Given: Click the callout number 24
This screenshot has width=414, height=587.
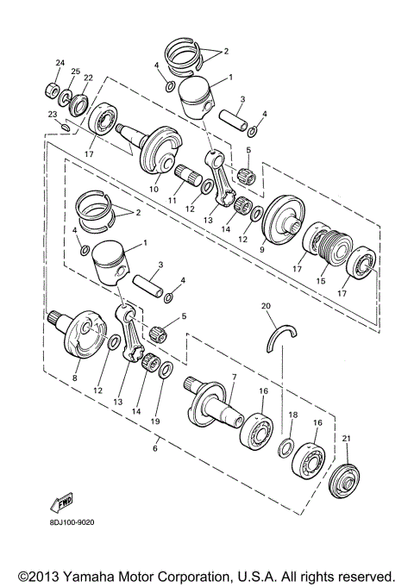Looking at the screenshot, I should pyautogui.click(x=60, y=63).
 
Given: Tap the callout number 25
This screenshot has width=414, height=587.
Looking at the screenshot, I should pyautogui.click(x=76, y=71).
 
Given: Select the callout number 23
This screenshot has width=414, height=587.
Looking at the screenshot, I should pyautogui.click(x=53, y=114).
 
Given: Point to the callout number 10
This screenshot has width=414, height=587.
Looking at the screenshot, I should pyautogui.click(x=156, y=189).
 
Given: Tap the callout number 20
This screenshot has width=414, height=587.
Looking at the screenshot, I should pyautogui.click(x=267, y=305).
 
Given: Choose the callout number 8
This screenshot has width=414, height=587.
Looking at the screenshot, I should pyautogui.click(x=75, y=378).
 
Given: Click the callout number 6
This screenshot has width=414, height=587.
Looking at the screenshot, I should pyautogui.click(x=155, y=448).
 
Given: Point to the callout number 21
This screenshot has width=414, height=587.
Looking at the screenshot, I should pyautogui.click(x=348, y=439).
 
